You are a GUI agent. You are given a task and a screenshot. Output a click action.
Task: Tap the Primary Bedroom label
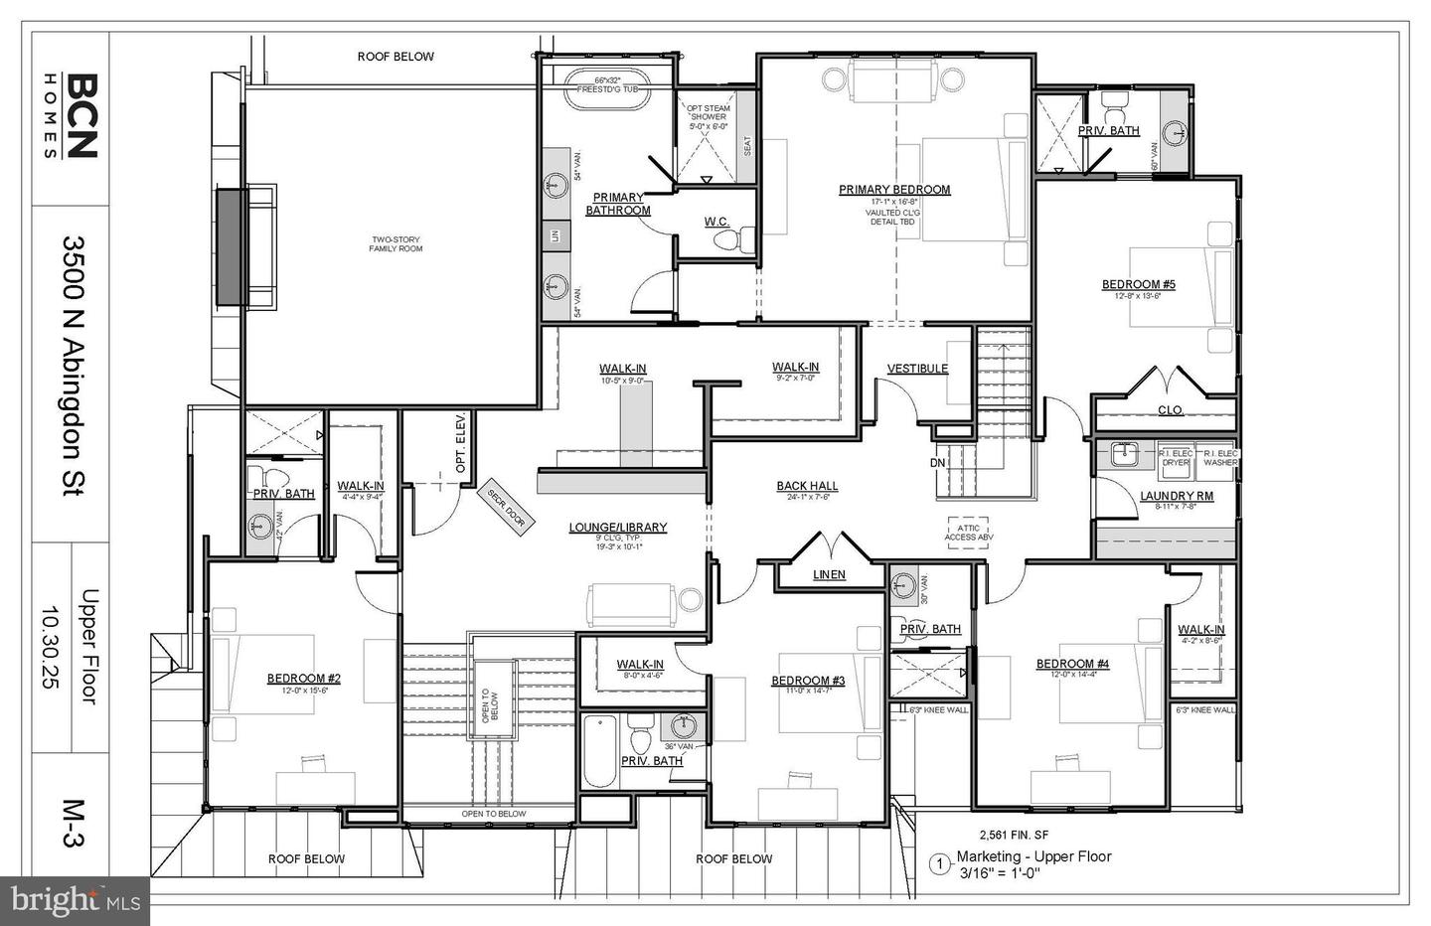pos(893,190)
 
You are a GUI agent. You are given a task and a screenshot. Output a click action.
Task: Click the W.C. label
pos(717,222)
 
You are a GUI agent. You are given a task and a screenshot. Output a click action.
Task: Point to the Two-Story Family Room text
pos(397,243)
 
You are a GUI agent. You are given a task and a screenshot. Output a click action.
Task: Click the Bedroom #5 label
pos(1138,285)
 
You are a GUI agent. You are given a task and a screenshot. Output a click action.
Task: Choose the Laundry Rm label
pos(1176,496)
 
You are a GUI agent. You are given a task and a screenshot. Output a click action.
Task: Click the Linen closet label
pos(829,574)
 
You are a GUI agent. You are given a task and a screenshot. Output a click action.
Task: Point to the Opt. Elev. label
pos(460,455)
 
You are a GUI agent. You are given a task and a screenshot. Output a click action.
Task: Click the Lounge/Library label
pos(617,528)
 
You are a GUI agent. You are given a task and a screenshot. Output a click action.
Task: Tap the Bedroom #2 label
pos(303,679)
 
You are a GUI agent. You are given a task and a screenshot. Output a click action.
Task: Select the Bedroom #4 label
pos(1072,664)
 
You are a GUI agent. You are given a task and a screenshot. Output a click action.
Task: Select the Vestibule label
pos(917,369)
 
